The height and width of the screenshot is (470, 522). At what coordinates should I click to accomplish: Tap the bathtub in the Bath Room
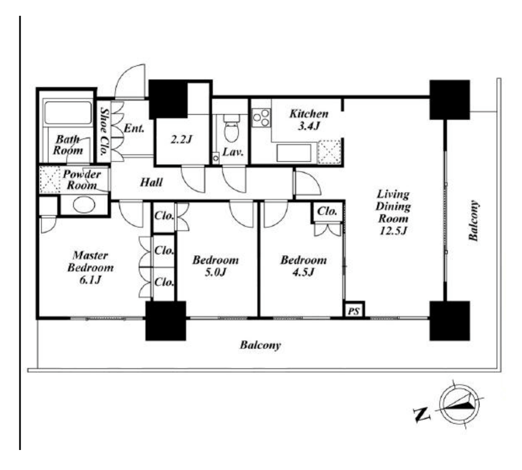coord(68,113)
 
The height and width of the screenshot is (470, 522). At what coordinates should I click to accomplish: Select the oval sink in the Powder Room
coord(84,205)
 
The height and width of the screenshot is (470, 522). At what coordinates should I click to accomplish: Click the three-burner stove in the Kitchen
coord(261,117)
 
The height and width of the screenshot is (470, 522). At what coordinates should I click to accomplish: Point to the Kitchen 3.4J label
coord(308,119)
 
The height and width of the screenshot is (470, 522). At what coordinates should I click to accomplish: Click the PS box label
coord(354,311)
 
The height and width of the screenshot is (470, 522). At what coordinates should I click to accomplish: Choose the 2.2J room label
coord(182,139)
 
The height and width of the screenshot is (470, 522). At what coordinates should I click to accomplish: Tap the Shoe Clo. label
coord(104,131)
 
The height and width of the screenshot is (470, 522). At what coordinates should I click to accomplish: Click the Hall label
coord(151,182)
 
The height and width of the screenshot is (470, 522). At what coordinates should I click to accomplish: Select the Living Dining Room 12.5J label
coord(393,212)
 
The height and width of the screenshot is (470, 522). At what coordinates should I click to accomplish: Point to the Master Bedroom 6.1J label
coord(90,267)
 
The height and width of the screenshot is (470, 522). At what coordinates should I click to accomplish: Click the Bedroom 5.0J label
coord(215,266)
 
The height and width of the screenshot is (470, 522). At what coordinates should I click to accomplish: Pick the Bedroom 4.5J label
coord(303,266)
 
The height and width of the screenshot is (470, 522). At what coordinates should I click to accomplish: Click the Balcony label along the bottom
coord(260,345)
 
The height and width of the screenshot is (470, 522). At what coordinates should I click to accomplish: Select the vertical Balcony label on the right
coord(474,221)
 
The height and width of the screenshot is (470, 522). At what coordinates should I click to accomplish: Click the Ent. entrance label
coord(134,128)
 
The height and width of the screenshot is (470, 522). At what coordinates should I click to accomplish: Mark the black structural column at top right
coord(449,99)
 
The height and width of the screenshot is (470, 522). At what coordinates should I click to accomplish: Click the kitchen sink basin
coord(294,153)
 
